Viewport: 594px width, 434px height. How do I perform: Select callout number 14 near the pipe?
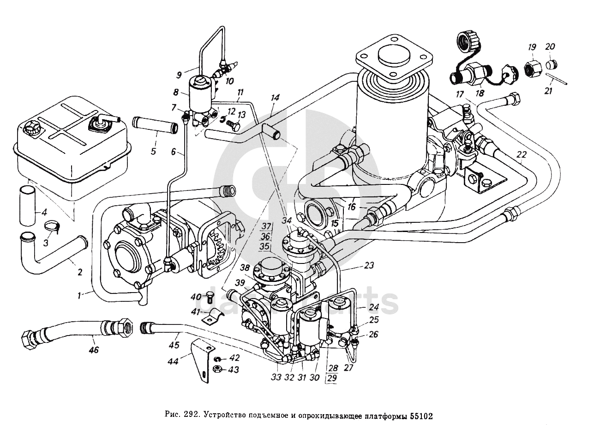275,98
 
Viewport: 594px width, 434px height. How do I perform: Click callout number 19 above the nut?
532,47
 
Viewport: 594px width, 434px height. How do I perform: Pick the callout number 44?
174,361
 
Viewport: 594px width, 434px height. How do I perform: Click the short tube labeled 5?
155,125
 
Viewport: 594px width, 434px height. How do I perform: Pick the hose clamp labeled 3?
53,226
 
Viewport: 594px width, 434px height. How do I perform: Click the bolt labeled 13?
233,125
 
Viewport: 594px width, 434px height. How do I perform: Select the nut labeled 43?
217,369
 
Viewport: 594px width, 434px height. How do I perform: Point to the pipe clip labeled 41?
213,317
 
